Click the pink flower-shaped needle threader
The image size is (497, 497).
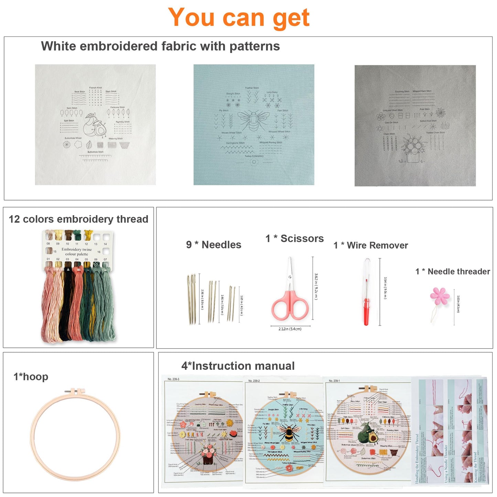coord(439,296)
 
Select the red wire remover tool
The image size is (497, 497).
coord(367,303)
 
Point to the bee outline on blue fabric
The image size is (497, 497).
coord(253,120)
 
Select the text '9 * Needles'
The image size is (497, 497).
coord(214,245)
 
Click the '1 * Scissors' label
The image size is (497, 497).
coord(294,238)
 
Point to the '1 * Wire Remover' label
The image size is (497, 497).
coord(370,245)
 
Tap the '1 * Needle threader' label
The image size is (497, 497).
coord(453,271)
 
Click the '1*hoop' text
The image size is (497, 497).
coord(31,377)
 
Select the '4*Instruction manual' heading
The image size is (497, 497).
coord(238,366)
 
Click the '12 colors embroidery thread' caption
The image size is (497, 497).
coord(78,219)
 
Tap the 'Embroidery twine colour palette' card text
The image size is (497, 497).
coord(77,252)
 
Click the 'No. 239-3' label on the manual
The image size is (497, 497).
coord(173,379)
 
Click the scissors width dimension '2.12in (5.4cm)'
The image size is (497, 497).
coord(290,329)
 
